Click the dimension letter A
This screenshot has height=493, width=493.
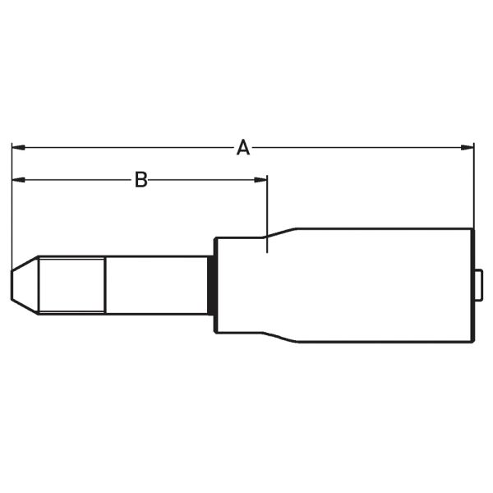click(242, 148)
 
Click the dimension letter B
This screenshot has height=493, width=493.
click(141, 178)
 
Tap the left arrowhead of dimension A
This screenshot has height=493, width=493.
click(17, 148)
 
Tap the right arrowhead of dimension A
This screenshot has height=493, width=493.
click(468, 148)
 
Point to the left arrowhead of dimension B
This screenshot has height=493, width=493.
click(17, 178)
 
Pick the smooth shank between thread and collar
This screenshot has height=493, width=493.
click(156, 284)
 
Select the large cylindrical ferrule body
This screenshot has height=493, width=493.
click(382, 284)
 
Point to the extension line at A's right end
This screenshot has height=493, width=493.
click(474, 189)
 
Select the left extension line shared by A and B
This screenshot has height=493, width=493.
click(12, 214)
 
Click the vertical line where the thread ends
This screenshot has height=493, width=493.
click(106, 284)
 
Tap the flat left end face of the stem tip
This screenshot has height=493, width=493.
click(12, 284)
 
